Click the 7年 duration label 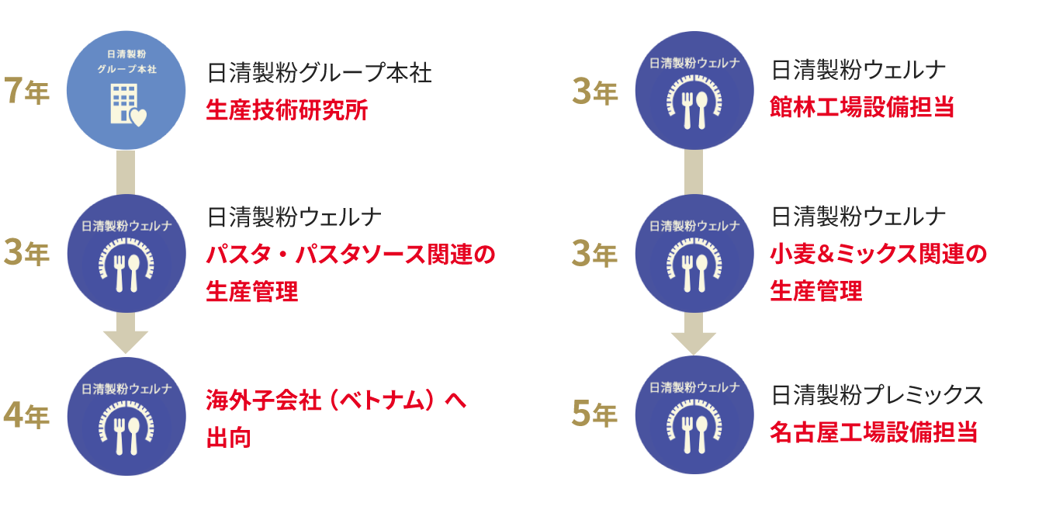tap(26, 92)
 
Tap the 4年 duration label tap(26, 416)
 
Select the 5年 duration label tap(594, 415)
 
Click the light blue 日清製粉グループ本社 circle tap(126, 91)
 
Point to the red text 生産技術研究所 tap(287, 110)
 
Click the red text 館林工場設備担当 tap(861, 109)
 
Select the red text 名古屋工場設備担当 tap(873, 432)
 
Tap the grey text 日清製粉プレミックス tap(877, 396)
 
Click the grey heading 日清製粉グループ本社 tap(319, 74)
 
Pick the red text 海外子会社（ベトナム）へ tap(336, 401)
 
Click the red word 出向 tap(228, 438)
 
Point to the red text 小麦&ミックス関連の tap(878, 255)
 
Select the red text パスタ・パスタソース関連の tap(350, 255)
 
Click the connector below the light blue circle tap(126, 172)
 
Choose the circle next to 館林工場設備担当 tap(694, 91)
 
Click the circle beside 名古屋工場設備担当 tap(694, 415)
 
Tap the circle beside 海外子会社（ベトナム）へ tap(126, 416)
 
